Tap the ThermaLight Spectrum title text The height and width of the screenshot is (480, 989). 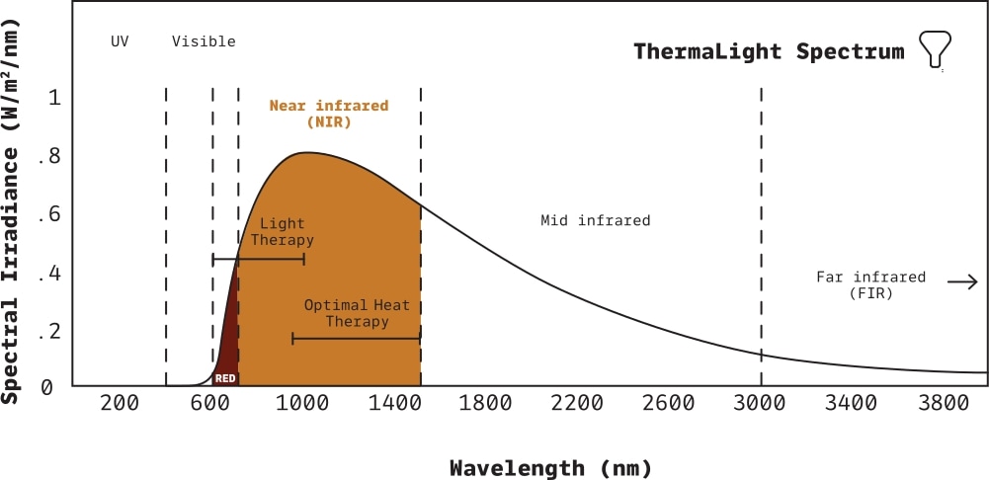pyautogui.click(x=769, y=51)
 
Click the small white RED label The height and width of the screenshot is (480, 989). pyautogui.click(x=225, y=378)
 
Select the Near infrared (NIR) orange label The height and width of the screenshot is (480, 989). pyautogui.click(x=329, y=115)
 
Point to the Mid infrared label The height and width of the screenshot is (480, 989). pyautogui.click(x=595, y=220)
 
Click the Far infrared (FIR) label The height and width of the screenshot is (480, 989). pyautogui.click(x=870, y=285)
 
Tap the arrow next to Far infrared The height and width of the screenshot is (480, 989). pyautogui.click(x=961, y=282)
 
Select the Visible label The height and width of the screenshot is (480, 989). pyautogui.click(x=204, y=41)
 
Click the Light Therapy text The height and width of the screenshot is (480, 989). pyautogui.click(x=282, y=232)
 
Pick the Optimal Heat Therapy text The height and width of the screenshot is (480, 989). pyautogui.click(x=357, y=313)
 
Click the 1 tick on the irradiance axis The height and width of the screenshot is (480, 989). pyautogui.click(x=55, y=98)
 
